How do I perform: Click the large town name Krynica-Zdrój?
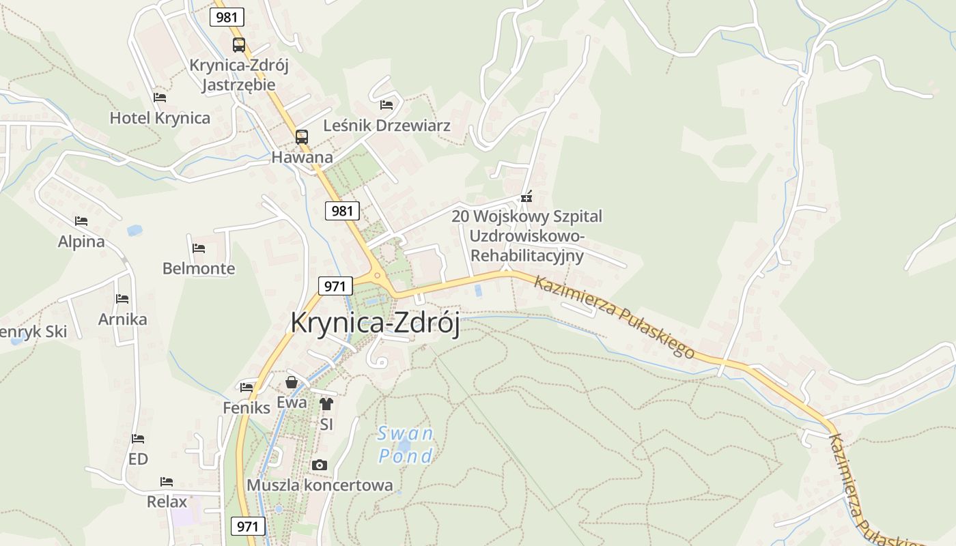click(x=375, y=322)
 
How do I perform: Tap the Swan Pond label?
click(x=406, y=444)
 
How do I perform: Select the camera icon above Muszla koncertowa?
click(x=319, y=465)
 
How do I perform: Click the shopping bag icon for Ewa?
click(x=292, y=382)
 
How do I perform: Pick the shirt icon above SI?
click(x=326, y=403)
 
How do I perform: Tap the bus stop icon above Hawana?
click(x=302, y=136)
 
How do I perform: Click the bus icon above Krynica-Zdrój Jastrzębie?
click(x=238, y=45)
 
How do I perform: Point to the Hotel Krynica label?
click(x=160, y=118)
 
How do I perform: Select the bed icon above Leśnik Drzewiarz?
click(x=386, y=104)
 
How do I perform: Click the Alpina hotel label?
click(x=81, y=242)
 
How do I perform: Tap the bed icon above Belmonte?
click(x=199, y=248)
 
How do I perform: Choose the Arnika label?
click(x=122, y=319)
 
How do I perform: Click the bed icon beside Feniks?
click(x=247, y=387)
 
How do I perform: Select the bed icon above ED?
click(x=138, y=438)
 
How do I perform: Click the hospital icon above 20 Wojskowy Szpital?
click(x=526, y=197)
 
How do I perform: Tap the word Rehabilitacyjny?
click(x=528, y=256)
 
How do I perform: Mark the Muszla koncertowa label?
click(x=320, y=485)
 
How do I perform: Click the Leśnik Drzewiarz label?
click(x=386, y=126)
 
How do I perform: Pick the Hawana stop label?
click(x=302, y=158)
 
